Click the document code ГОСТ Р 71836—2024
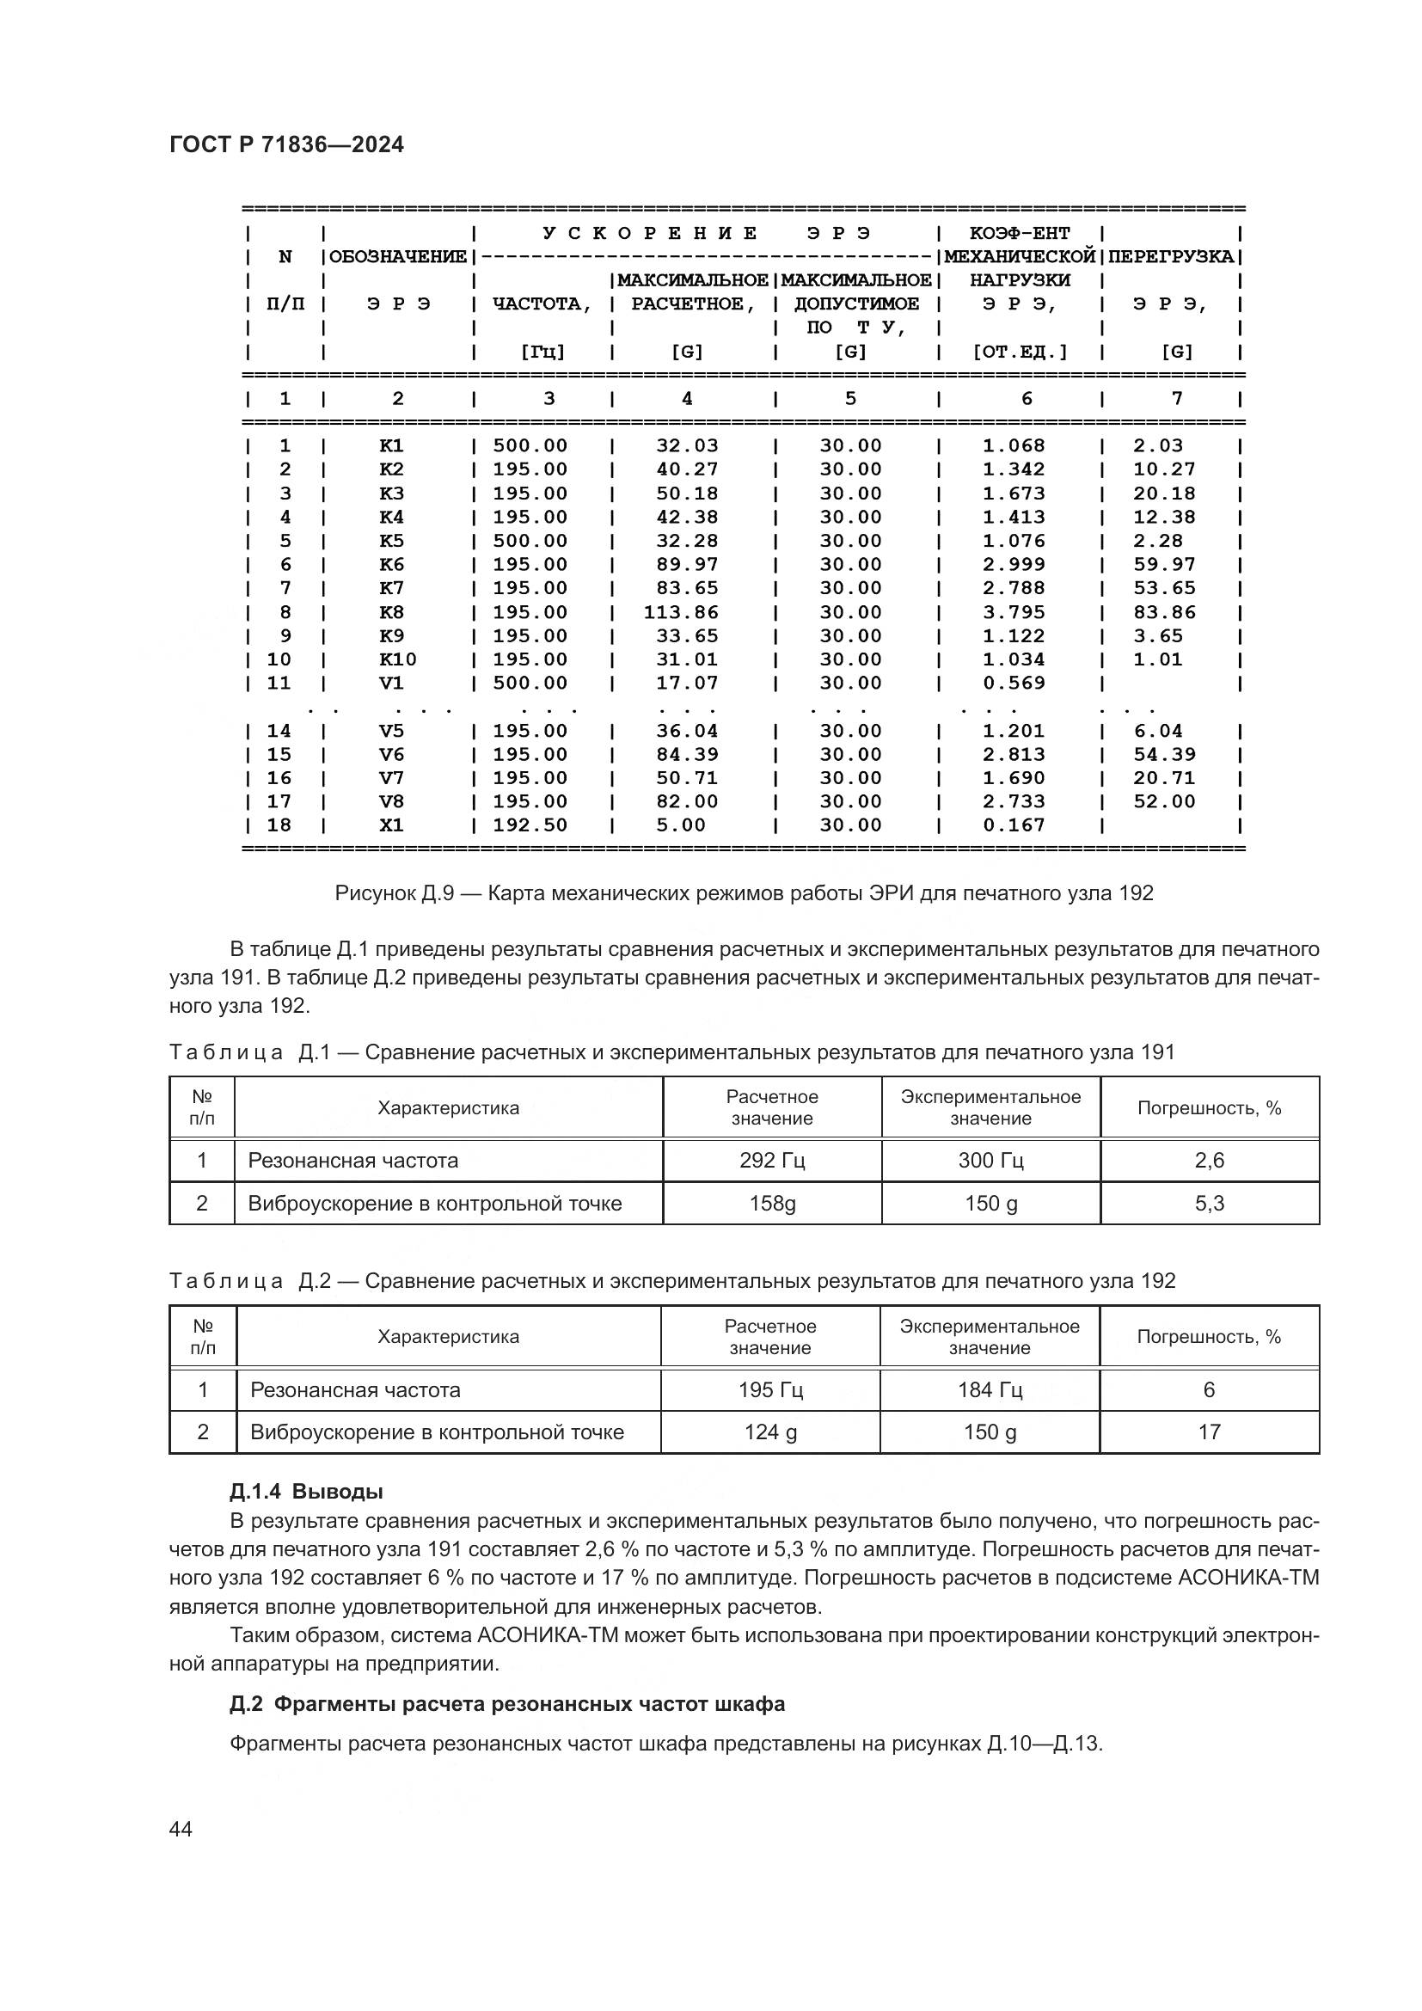pos(286,145)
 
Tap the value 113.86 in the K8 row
pos(680,612)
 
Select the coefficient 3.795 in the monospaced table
pos(1013,612)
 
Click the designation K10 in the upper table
pos(397,659)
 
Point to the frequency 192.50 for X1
pos(530,825)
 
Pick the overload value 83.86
pos(1164,612)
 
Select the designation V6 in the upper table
pos(391,754)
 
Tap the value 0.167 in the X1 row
pos(1013,825)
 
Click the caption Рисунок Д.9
pos(744,893)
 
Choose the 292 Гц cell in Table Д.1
pos(771,1161)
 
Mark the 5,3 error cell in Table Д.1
pos(1210,1204)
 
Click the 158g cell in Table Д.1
pos(771,1204)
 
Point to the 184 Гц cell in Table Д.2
pos(990,1390)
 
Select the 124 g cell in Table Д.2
pos(770,1432)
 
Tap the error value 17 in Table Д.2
pos(1210,1432)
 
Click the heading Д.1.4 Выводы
pos(306,1491)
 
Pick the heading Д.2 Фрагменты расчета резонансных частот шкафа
pos(507,1703)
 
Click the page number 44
pos(181,1829)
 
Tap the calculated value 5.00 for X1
pos(680,825)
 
